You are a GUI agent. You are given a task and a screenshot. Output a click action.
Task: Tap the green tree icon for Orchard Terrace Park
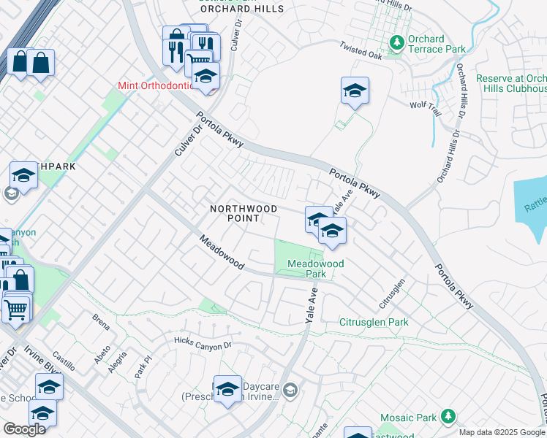[397, 43]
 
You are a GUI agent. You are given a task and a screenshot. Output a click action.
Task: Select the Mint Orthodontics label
[156, 85]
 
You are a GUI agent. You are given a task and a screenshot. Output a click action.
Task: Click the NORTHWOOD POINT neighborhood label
[244, 213]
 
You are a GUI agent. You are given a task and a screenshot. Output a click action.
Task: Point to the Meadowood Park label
[315, 269]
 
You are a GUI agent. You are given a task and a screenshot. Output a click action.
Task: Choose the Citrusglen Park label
[374, 322]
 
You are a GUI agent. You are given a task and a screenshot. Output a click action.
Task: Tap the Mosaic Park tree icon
[447, 418]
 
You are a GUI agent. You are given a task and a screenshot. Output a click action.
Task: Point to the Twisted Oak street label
[361, 50]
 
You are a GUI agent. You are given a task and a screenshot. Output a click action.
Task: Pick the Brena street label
[100, 318]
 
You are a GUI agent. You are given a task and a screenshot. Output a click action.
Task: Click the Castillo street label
[65, 357]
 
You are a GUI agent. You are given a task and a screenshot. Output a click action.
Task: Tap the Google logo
[24, 429]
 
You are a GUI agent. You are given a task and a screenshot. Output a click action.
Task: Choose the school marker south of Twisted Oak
[355, 92]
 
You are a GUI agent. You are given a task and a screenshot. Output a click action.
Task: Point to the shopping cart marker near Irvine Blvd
[15, 309]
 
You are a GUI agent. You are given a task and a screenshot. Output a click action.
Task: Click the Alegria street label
[117, 361]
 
